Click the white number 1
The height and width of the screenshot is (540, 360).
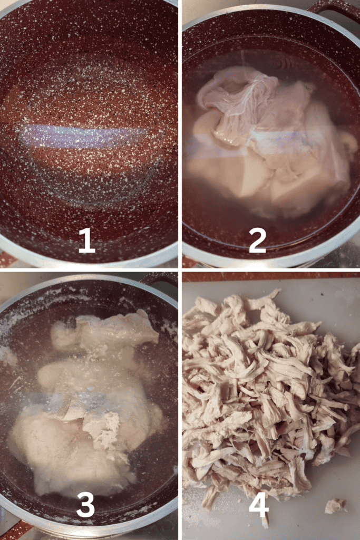click(87, 240)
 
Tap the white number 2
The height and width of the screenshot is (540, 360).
click(257, 240)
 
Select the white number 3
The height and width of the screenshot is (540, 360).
click(85, 505)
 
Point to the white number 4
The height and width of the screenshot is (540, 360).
click(258, 505)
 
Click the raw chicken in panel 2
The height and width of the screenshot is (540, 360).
click(268, 138)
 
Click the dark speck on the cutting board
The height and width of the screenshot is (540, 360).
click(322, 295)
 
